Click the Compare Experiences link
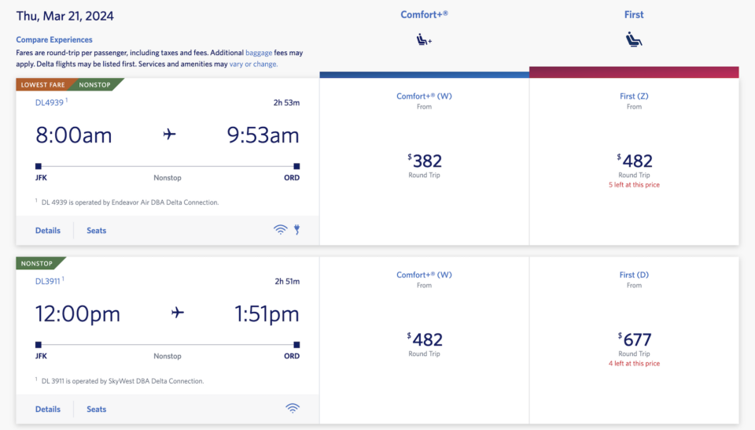click(x=54, y=39)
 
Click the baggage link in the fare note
click(x=260, y=52)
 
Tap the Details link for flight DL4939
click(x=48, y=231)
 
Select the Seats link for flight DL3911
click(x=97, y=409)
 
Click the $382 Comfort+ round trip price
click(x=425, y=161)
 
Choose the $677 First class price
click(x=635, y=340)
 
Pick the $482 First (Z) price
click(x=635, y=161)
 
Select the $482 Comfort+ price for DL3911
click(x=425, y=340)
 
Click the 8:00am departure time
click(x=74, y=135)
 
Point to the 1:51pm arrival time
click(x=267, y=314)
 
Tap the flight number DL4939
click(x=50, y=102)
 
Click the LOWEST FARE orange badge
click(x=43, y=84)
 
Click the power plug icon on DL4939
click(x=297, y=230)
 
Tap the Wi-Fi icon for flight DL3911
click(x=293, y=408)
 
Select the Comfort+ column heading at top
click(x=425, y=15)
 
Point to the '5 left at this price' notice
click(x=634, y=185)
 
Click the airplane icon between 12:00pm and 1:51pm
click(x=178, y=313)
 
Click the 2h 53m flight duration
click(x=286, y=102)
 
